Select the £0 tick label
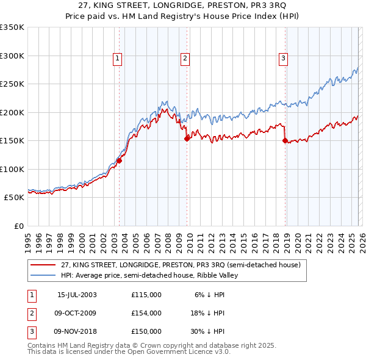click(x=18, y=226)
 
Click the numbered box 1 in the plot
click(x=117, y=59)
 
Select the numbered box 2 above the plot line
click(x=184, y=59)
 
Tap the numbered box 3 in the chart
click(x=284, y=59)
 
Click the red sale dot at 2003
click(x=120, y=161)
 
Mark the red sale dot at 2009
click(x=187, y=139)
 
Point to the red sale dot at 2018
click(x=285, y=141)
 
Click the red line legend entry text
click(x=181, y=265)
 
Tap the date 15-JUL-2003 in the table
click(x=77, y=295)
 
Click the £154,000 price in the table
click(x=146, y=313)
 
